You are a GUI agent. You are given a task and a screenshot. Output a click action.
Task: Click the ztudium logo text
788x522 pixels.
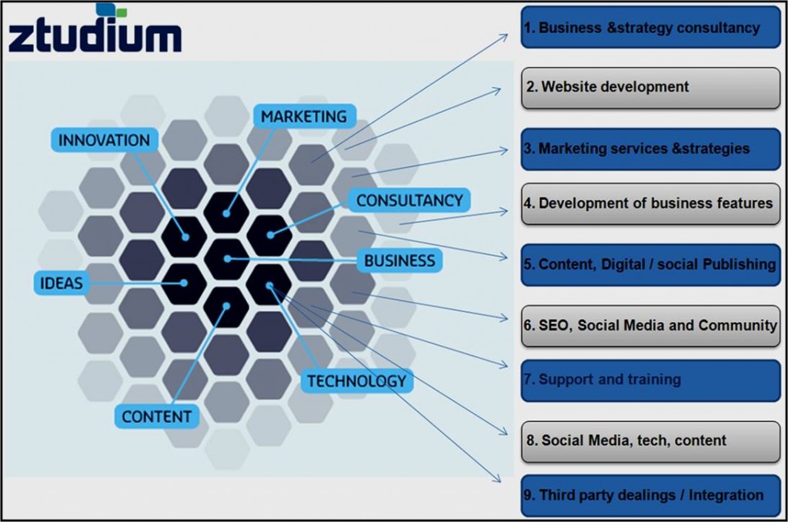point(95,35)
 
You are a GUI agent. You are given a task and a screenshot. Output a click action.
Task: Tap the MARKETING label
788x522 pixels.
point(304,117)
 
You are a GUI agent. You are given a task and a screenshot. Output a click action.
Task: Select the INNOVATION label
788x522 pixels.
point(105,140)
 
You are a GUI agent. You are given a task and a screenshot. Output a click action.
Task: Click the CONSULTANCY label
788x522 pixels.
point(409,200)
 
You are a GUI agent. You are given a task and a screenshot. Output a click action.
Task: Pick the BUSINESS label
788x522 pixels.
point(399,260)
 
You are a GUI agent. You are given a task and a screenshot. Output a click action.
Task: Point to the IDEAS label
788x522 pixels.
point(62,283)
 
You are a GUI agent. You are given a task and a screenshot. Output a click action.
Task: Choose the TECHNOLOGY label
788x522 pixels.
point(357,380)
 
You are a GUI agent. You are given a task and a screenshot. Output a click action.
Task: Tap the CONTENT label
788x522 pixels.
point(157,417)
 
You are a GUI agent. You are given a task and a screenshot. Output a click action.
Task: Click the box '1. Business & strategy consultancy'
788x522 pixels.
point(650,27)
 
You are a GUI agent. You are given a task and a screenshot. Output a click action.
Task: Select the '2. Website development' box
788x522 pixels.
point(650,88)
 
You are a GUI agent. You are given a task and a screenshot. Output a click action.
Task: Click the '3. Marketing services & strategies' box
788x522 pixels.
point(650,149)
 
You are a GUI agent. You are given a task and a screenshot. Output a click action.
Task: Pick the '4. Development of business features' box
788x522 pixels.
point(650,204)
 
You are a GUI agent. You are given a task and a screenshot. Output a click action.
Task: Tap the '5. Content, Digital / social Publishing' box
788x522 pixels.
point(650,265)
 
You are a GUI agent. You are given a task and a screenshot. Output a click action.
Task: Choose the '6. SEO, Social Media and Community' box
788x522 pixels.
point(650,326)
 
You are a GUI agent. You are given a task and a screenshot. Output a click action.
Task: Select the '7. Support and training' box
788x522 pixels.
point(650,380)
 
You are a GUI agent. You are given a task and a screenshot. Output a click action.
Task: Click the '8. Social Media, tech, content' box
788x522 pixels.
point(650,441)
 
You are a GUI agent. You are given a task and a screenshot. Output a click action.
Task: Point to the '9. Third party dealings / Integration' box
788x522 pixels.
point(650,496)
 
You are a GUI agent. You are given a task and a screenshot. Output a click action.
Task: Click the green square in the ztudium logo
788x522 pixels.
point(120,12)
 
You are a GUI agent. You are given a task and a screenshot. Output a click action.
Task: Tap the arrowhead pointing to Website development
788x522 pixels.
point(496,91)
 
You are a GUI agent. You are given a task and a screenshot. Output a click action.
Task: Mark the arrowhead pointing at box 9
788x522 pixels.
point(496,478)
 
